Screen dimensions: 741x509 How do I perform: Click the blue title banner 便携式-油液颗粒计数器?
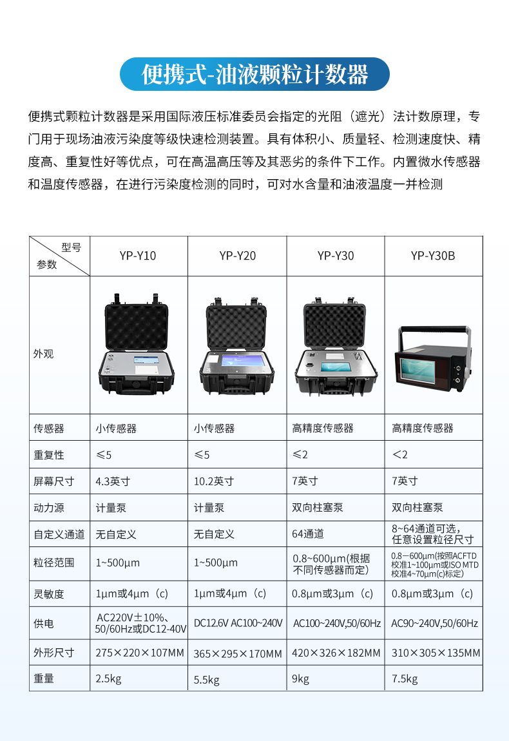point(254,74)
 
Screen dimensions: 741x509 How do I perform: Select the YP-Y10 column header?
point(137,256)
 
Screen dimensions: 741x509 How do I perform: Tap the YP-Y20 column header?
point(237,256)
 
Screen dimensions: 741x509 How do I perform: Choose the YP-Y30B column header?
point(433,256)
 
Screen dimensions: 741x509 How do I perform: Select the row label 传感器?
point(49,428)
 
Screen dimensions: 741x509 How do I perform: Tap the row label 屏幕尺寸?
point(54,481)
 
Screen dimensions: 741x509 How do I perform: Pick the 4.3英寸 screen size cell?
point(113,481)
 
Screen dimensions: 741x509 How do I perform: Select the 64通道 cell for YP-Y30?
point(308,534)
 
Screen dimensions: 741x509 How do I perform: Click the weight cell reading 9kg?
point(301,678)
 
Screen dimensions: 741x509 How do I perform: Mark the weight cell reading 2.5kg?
point(108,678)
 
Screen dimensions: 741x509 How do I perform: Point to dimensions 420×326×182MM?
point(336,653)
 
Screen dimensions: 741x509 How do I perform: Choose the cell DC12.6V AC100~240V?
point(238,624)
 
